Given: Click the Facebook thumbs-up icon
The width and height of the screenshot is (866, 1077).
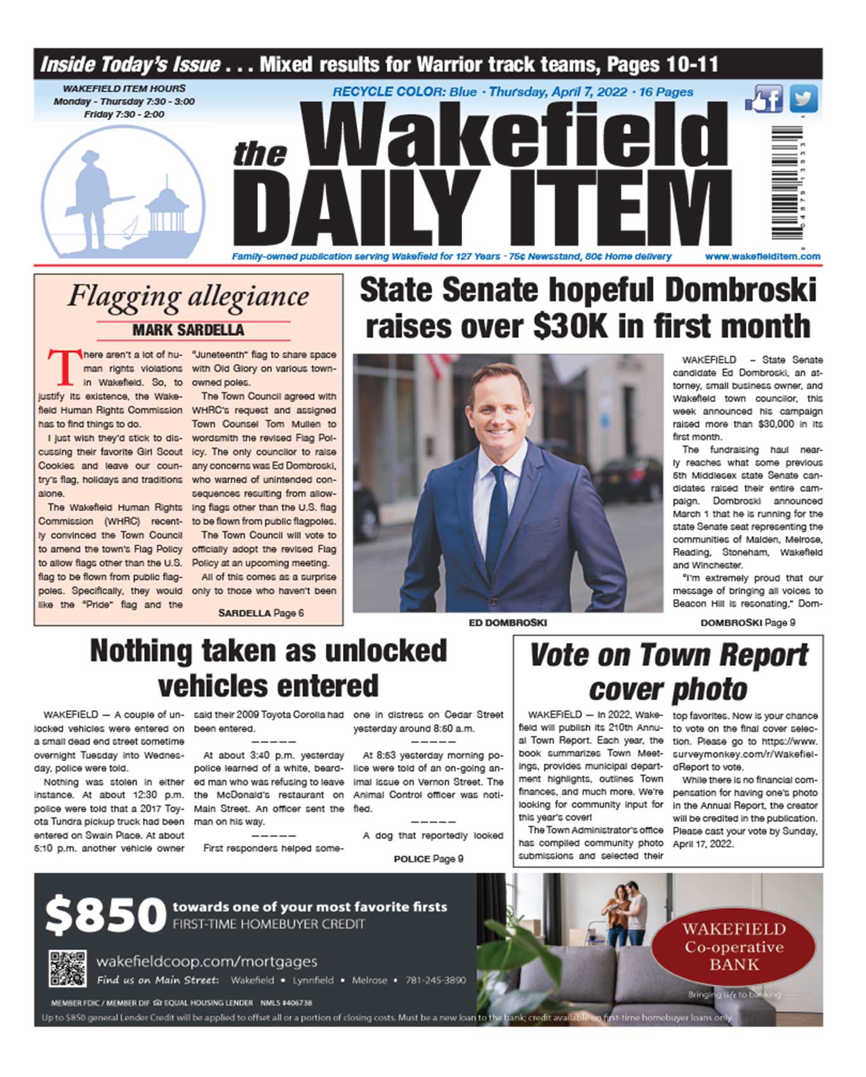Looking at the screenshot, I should pyautogui.click(x=764, y=100).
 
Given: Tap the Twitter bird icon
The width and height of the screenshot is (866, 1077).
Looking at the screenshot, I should pyautogui.click(x=803, y=100).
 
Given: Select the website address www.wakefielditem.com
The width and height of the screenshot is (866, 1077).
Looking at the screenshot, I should pyautogui.click(x=762, y=256).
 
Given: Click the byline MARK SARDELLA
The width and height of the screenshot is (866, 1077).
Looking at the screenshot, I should pyautogui.click(x=188, y=330).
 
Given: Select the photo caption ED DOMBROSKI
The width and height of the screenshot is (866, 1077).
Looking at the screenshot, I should pyautogui.click(x=507, y=623).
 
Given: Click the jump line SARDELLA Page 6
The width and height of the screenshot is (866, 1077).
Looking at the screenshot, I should pyautogui.click(x=261, y=613).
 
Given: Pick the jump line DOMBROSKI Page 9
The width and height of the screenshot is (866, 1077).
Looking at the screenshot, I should pyautogui.click(x=747, y=623).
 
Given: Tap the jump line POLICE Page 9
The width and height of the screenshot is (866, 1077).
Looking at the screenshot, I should pyautogui.click(x=428, y=859).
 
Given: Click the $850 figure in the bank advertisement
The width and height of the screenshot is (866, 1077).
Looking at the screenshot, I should pyautogui.click(x=105, y=915).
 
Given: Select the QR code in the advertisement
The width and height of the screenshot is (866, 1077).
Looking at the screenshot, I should pyautogui.click(x=67, y=968).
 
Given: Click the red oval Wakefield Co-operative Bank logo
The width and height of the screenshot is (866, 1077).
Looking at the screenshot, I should pyautogui.click(x=733, y=947).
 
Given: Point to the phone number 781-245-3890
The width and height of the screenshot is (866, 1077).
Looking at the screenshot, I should pyautogui.click(x=435, y=980).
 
